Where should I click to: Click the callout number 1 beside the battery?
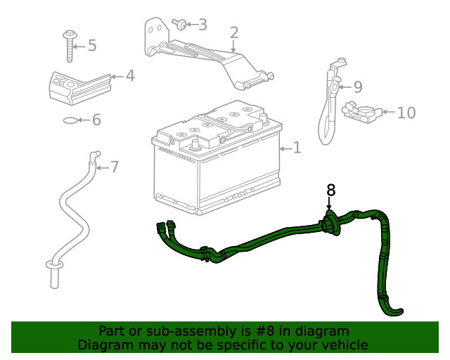pyautogui.click(x=297, y=148)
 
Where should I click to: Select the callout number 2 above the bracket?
pyautogui.click(x=233, y=32)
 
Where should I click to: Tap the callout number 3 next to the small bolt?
pyautogui.click(x=202, y=25)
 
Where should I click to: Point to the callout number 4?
pyautogui.click(x=129, y=75)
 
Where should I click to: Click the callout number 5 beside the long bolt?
pyautogui.click(x=91, y=46)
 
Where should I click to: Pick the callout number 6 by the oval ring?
pyautogui.click(x=96, y=120)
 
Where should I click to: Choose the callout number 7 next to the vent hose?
pyautogui.click(x=114, y=167)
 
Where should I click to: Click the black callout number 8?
pyautogui.click(x=330, y=190)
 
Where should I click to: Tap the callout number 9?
pyautogui.click(x=357, y=87)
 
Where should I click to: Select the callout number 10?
pyautogui.click(x=406, y=113)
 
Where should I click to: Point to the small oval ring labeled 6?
pyautogui.click(x=70, y=120)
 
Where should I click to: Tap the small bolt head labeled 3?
pyautogui.click(x=180, y=25)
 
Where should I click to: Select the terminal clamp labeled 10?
pyautogui.click(x=360, y=111)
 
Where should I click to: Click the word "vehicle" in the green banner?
pyautogui.click(x=343, y=345)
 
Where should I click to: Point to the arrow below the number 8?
pyautogui.click(x=330, y=205)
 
